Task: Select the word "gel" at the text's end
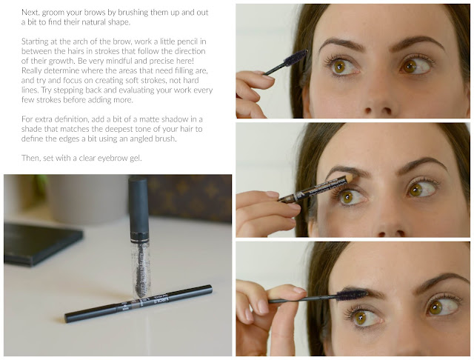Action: pyautogui.click(x=136, y=159)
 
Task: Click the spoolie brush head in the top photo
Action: pyautogui.click(x=296, y=58)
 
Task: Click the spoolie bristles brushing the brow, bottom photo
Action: pyautogui.click(x=352, y=294)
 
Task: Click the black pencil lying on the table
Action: pyautogui.click(x=138, y=304)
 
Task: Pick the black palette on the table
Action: pyautogui.click(x=42, y=244)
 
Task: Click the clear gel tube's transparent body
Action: pyautogui.click(x=141, y=269)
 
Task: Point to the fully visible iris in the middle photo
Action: pyautogui.click(x=347, y=196)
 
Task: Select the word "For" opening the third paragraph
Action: pyautogui.click(x=27, y=119)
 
